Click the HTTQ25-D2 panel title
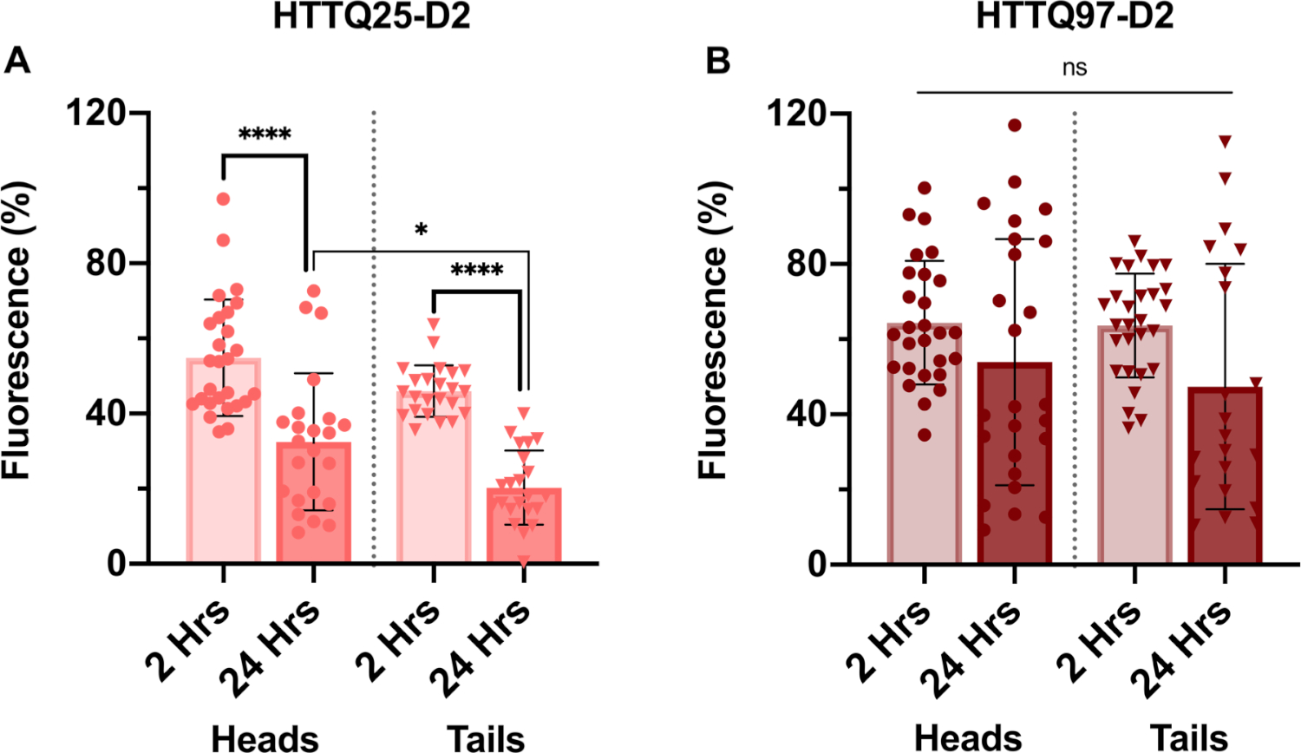click(371, 16)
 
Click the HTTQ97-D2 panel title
click(1075, 16)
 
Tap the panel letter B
click(718, 62)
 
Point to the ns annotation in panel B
click(1075, 68)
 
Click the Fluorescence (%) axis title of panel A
click(16, 330)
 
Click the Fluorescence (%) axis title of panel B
click(713, 330)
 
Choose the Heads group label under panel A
click(265, 738)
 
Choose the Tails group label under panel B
click(1188, 738)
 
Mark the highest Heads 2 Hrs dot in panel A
click(223, 199)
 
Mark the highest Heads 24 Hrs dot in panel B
click(1014, 125)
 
